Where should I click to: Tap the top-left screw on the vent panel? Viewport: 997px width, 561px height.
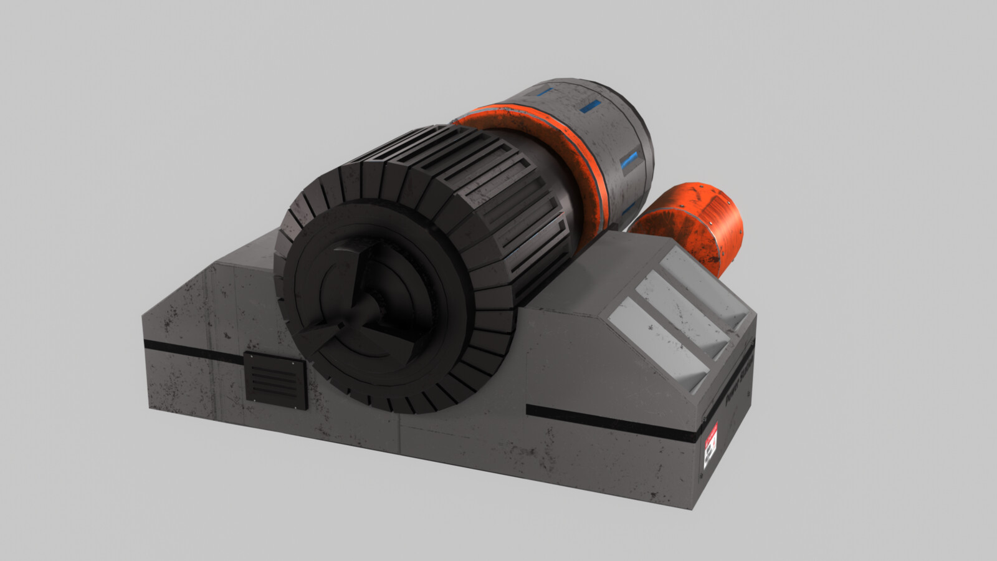click(247, 356)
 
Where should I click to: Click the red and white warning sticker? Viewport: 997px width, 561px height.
click(711, 446)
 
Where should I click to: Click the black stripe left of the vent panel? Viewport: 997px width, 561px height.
click(193, 351)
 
